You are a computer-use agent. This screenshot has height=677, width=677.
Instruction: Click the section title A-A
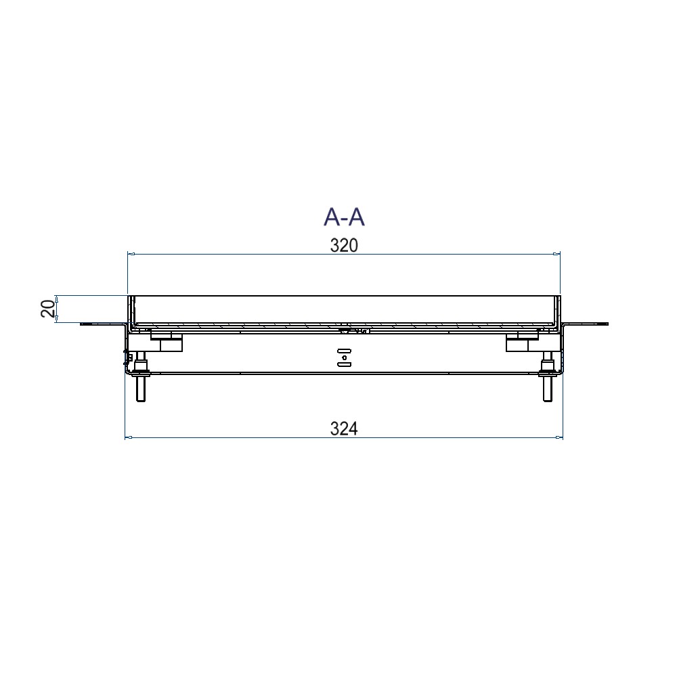tap(344, 217)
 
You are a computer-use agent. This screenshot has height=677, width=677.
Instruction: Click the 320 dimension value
tap(343, 245)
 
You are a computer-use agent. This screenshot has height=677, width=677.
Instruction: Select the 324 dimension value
tap(343, 428)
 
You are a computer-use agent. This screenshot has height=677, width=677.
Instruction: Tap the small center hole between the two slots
tap(345, 357)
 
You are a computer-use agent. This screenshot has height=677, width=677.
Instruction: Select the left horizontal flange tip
tap(83, 324)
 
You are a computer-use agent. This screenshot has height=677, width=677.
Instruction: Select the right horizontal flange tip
tap(607, 324)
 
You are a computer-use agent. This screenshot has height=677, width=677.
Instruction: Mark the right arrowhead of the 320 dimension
tap(557, 255)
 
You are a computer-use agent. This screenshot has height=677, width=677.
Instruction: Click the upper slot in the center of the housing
tap(345, 350)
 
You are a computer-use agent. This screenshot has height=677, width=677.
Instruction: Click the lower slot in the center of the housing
tap(345, 364)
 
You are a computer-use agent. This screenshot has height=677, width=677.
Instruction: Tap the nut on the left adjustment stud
tap(141, 369)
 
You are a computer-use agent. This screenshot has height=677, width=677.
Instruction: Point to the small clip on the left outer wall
tap(127, 355)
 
